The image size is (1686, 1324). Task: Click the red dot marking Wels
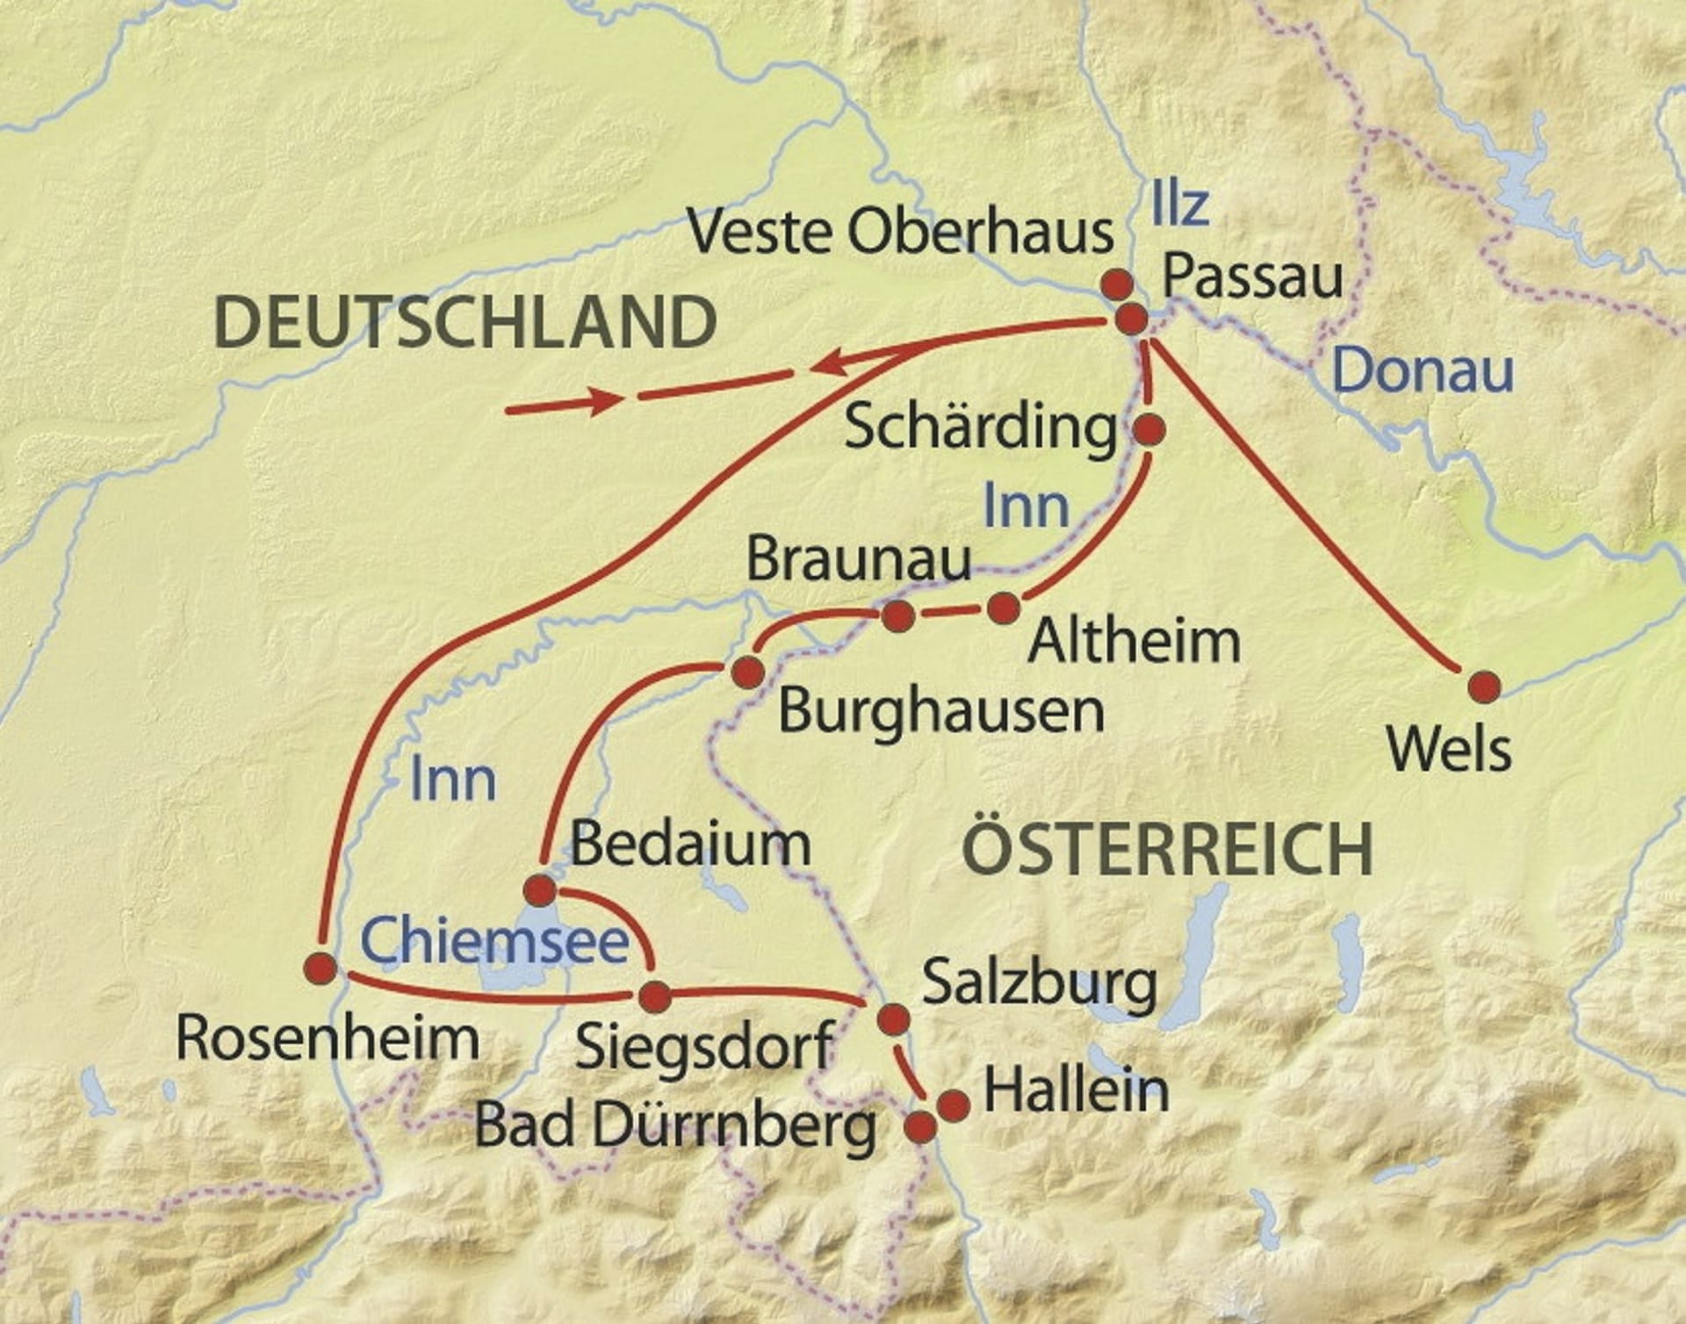click(x=1485, y=687)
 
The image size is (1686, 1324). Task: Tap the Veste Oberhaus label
click(x=900, y=232)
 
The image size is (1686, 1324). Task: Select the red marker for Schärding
click(x=1149, y=429)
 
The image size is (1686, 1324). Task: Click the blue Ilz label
click(x=1179, y=204)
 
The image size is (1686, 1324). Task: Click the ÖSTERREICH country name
click(x=1168, y=849)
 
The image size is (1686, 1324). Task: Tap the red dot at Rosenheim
click(x=320, y=968)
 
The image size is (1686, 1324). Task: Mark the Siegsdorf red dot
click(x=655, y=997)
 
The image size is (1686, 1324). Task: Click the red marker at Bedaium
click(x=539, y=890)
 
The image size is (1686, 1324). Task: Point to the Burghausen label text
click(x=940, y=710)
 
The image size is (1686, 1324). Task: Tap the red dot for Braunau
click(x=897, y=615)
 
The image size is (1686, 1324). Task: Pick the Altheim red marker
click(x=1005, y=608)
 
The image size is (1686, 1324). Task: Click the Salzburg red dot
click(x=894, y=1018)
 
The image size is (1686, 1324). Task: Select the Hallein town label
click(x=1076, y=1090)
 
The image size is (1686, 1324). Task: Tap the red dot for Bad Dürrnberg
click(x=920, y=1126)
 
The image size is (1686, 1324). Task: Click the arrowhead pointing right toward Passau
click(x=606, y=401)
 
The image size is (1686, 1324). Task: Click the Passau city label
click(x=1252, y=277)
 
